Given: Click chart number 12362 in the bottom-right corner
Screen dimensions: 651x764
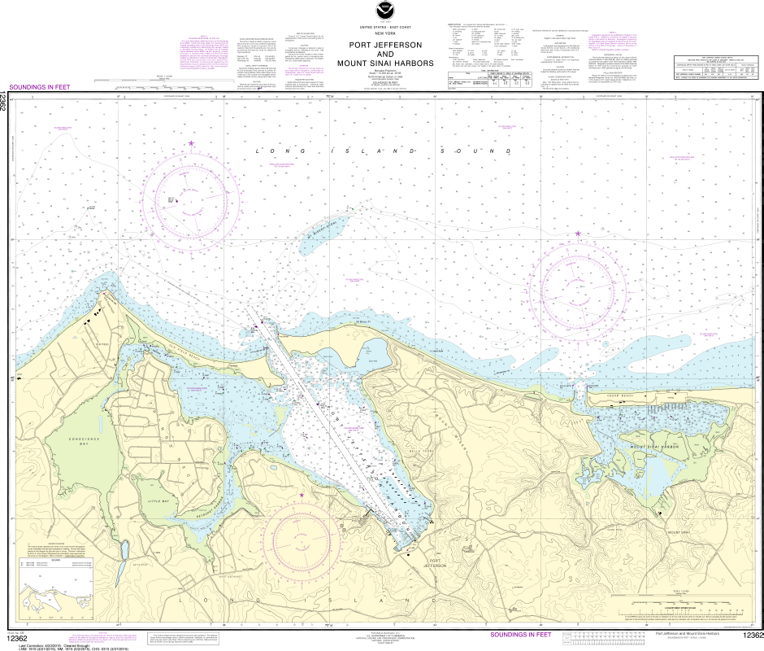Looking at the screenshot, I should [752, 636].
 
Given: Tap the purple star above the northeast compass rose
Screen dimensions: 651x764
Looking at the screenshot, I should [578, 234].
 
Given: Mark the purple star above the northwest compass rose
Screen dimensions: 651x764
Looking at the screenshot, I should [192, 143].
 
